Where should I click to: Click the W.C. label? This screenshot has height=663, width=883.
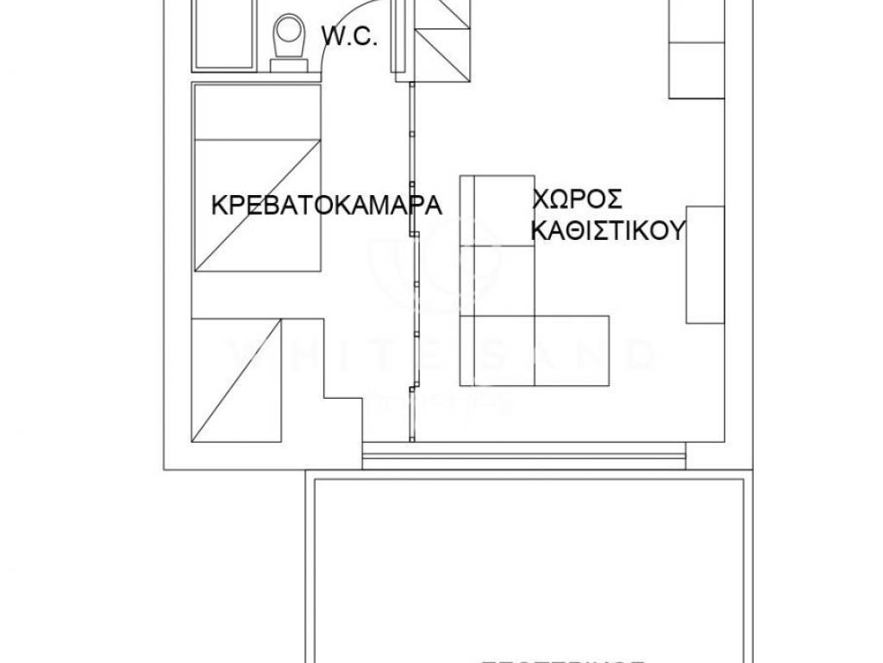click(349, 37)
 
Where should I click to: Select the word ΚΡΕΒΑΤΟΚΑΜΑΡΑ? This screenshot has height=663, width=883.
click(327, 205)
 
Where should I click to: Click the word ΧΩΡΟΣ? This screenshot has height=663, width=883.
click(577, 200)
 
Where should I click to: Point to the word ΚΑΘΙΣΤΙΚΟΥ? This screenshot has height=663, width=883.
click(607, 230)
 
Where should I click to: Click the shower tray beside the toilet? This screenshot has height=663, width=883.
click(222, 35)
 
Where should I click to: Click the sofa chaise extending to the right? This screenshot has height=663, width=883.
click(572, 349)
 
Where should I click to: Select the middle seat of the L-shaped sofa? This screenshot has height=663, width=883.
click(498, 280)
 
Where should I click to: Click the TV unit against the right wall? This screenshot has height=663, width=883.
click(705, 264)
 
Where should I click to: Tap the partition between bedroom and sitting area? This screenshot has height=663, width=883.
click(413, 259)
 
